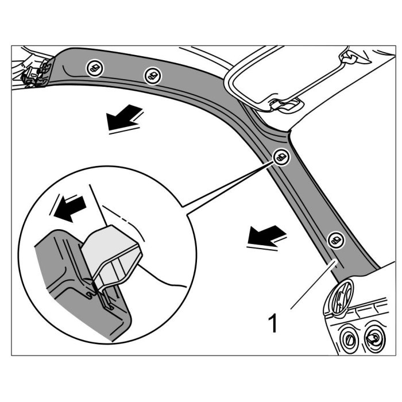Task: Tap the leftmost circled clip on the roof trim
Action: coord(93,68)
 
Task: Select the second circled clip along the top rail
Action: coord(152,75)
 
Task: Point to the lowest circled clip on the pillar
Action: coord(335,240)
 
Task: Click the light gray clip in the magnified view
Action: coord(112,253)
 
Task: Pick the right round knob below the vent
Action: coord(374,339)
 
